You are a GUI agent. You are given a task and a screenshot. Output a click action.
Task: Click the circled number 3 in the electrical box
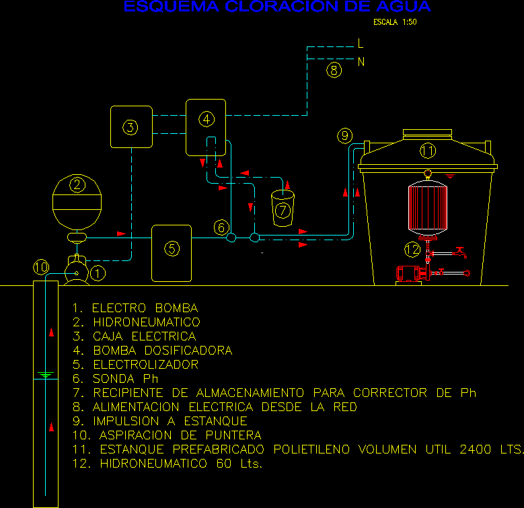tap(130, 126)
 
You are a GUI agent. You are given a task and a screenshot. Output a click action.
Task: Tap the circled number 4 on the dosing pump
tap(207, 119)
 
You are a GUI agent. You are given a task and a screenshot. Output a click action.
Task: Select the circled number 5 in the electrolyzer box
tap(172, 249)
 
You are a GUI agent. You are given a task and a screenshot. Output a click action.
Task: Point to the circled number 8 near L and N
tap(334, 69)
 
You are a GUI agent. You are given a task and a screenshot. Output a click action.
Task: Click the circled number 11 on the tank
tap(428, 151)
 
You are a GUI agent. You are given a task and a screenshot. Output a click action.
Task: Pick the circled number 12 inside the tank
tap(412, 250)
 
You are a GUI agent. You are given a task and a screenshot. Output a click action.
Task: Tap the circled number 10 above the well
tap(41, 268)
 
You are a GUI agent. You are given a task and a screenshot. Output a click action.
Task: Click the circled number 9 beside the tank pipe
tap(344, 137)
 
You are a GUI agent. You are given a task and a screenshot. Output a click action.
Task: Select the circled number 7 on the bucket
tap(283, 210)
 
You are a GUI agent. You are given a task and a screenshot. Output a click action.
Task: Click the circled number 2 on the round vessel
tap(78, 184)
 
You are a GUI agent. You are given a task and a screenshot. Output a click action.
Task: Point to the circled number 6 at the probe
tap(221, 227)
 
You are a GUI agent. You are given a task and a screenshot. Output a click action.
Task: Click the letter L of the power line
tap(361, 44)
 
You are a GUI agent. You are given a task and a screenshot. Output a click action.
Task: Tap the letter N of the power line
tap(361, 62)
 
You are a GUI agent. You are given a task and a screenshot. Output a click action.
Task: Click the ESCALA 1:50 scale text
tap(395, 22)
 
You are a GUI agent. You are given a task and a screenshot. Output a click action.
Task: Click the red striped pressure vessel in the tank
tap(427, 207)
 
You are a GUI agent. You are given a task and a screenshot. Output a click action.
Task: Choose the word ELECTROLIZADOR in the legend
tap(145, 365)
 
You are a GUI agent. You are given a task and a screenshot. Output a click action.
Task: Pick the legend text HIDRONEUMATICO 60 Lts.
tap(181, 464)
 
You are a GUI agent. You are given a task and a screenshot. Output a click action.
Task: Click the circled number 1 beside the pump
tap(98, 273)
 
